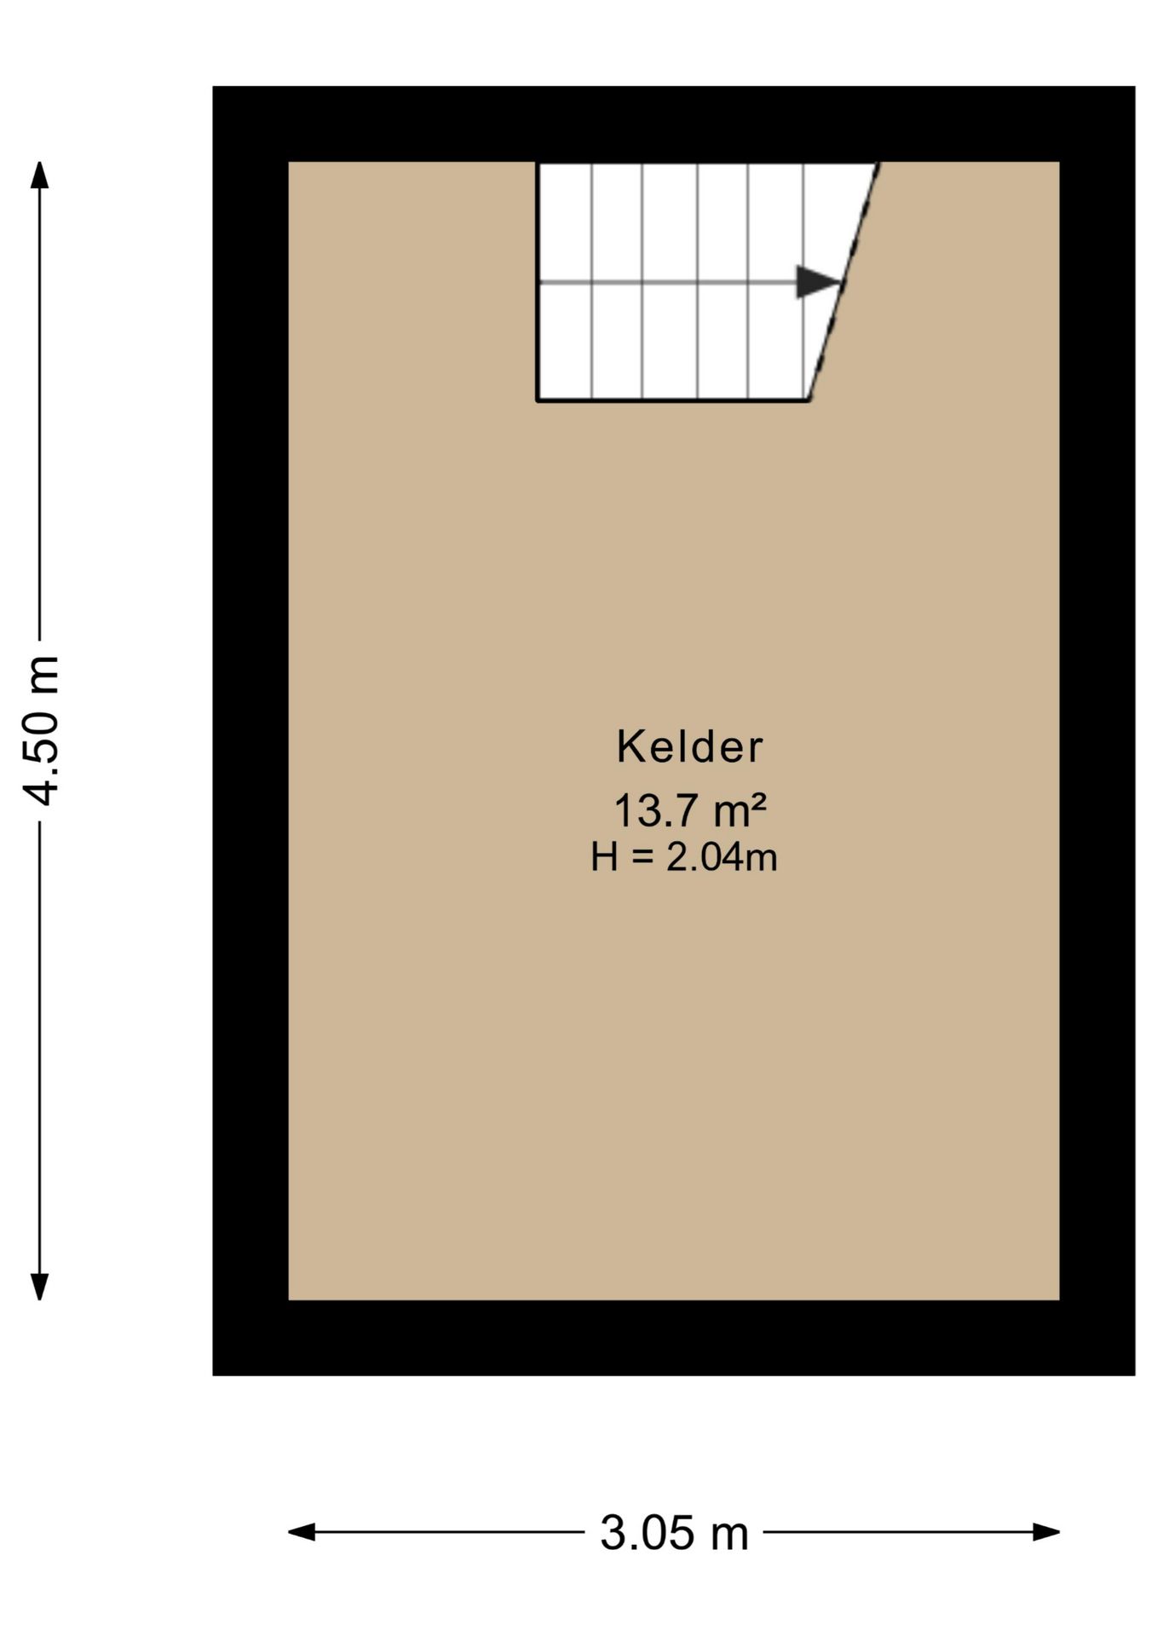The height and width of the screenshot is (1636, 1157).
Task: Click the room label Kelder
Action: tap(689, 746)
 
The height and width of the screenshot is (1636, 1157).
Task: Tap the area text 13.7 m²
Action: tap(690, 809)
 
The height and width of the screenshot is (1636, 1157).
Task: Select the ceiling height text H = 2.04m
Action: tap(684, 856)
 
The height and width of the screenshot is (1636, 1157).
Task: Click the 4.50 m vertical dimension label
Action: tap(41, 730)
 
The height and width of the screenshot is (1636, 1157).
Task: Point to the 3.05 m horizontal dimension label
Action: tap(674, 1533)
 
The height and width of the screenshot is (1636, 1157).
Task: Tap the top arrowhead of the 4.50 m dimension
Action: tap(39, 174)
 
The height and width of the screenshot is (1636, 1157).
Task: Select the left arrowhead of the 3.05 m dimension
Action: tap(302, 1532)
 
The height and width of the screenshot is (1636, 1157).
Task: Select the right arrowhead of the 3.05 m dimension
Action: tap(1046, 1532)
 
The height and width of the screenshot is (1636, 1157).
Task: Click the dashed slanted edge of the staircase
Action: tap(843, 280)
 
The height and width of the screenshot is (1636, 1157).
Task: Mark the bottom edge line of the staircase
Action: tap(672, 400)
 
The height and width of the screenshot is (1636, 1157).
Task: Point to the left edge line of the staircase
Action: tap(537, 280)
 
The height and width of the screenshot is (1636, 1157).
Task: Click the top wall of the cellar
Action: tap(673, 124)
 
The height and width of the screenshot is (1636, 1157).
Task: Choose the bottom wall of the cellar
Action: tap(673, 1338)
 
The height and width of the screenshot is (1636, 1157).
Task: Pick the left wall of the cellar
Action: tap(250, 730)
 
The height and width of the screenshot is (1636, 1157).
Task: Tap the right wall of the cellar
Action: tap(1097, 730)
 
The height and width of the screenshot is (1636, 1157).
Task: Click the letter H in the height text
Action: tap(604, 856)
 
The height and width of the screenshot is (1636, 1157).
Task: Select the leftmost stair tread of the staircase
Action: tap(565, 280)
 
